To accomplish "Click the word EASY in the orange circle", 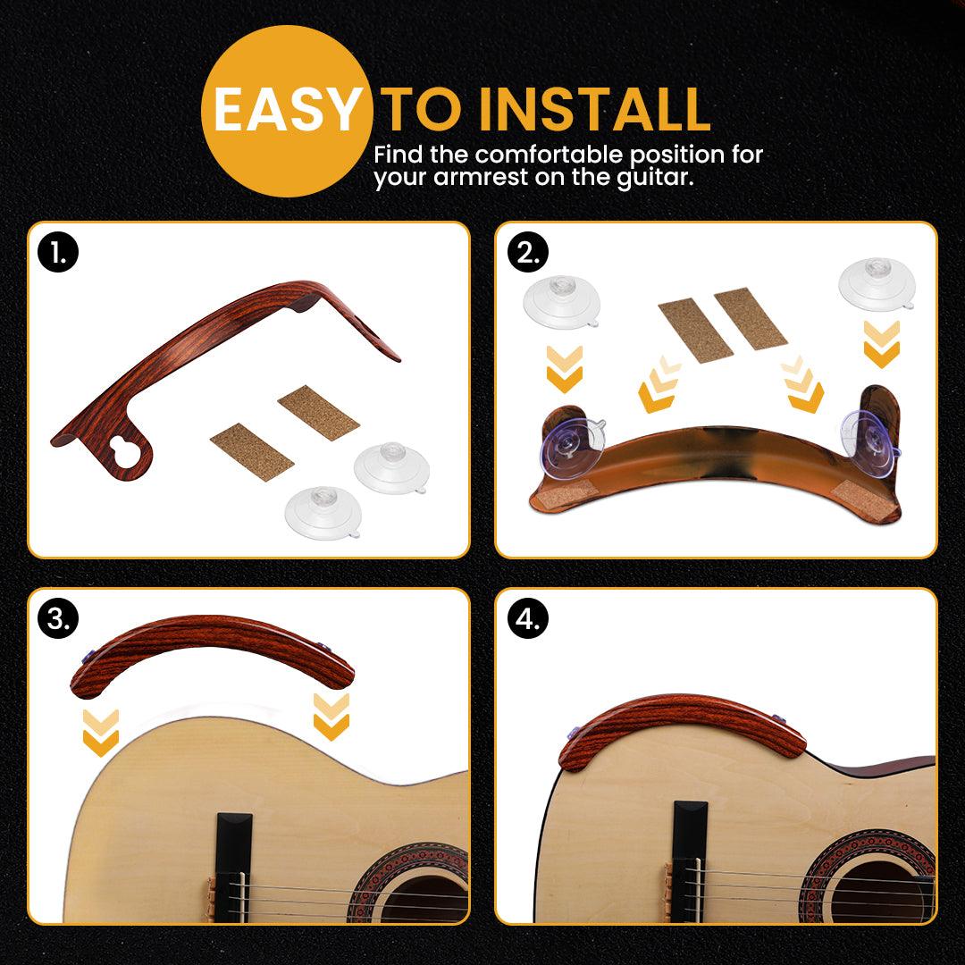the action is click(x=286, y=110).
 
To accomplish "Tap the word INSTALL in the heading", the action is click(x=594, y=110).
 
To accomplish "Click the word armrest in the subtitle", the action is click(x=480, y=178).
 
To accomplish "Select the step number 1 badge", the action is click(x=58, y=252).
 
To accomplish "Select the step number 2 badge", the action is click(x=528, y=252).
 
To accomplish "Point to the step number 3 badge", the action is click(x=58, y=618).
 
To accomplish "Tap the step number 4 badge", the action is click(x=528, y=618).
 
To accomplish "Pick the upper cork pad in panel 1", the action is click(x=318, y=412).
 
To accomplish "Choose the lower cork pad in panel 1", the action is click(x=252, y=452).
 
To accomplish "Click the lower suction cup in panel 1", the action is click(x=323, y=513).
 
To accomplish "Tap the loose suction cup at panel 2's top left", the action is click(x=561, y=302).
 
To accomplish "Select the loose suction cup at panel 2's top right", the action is click(x=877, y=283).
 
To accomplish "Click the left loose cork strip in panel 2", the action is click(x=695, y=330).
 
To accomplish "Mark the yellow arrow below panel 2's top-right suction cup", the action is click(x=882, y=344).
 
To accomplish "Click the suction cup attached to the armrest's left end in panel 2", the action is click(x=573, y=449).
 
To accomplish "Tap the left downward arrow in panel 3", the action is click(x=101, y=733).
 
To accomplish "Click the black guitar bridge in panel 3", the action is click(x=234, y=868).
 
